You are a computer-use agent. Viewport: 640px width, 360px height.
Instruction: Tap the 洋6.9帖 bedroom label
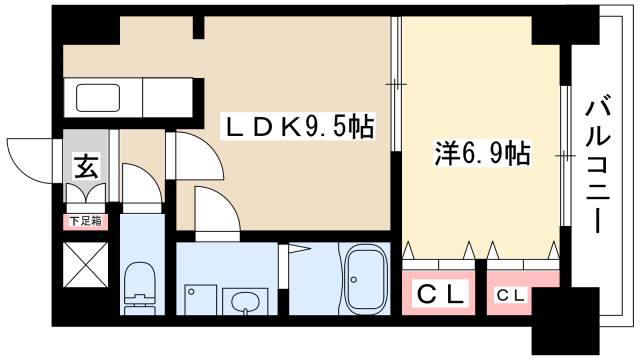[481, 155]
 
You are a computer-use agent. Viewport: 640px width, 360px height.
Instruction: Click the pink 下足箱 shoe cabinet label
[85, 221]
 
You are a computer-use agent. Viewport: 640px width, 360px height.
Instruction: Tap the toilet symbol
[138, 286]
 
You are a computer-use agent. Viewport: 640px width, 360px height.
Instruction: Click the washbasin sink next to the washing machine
[243, 300]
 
